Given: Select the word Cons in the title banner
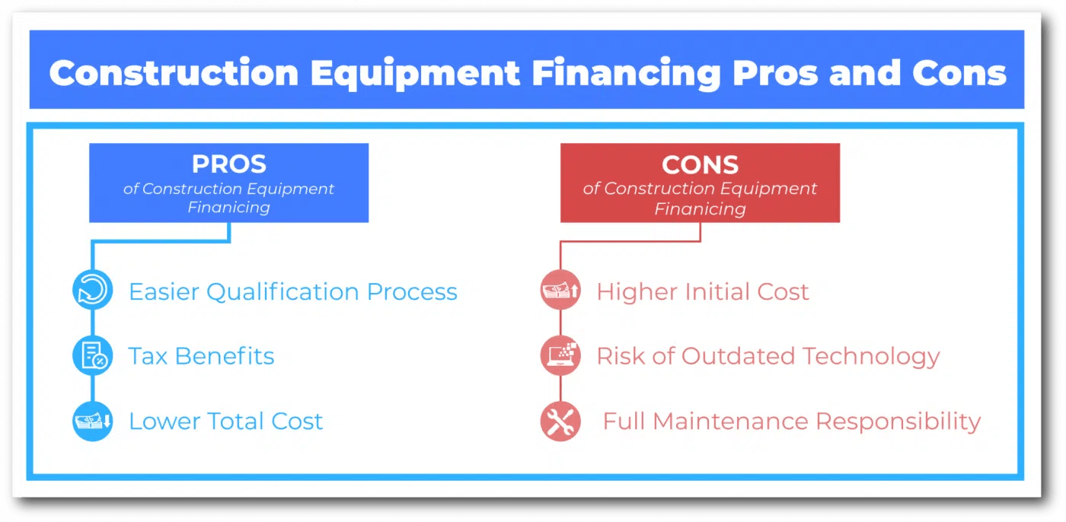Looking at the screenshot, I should [958, 74].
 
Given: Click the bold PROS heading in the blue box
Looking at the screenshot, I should [229, 164].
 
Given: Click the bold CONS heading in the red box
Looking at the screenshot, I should [700, 164].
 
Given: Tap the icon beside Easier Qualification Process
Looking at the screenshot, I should [92, 291].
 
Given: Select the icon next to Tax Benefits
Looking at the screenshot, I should [92, 356].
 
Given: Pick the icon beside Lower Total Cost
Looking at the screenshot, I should [92, 421].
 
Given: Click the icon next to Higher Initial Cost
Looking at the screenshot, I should [560, 291].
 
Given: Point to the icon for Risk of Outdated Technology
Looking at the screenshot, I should [560, 356].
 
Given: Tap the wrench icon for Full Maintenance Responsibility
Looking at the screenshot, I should [560, 421].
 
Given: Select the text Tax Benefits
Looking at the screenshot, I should [201, 356].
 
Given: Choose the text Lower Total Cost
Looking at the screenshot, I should [225, 421].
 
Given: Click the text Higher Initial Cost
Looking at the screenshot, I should [702, 291].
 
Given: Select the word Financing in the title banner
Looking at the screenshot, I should [626, 74].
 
